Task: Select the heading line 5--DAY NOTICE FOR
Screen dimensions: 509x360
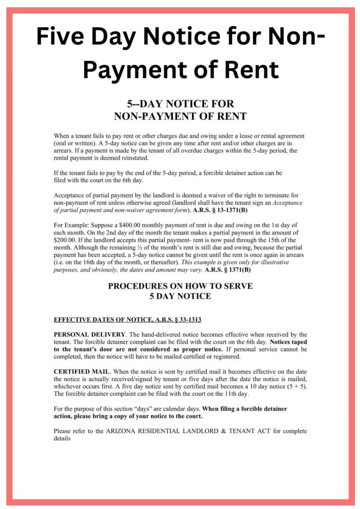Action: pos(180,104)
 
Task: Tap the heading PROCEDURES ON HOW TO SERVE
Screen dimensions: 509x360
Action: pos(180,286)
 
